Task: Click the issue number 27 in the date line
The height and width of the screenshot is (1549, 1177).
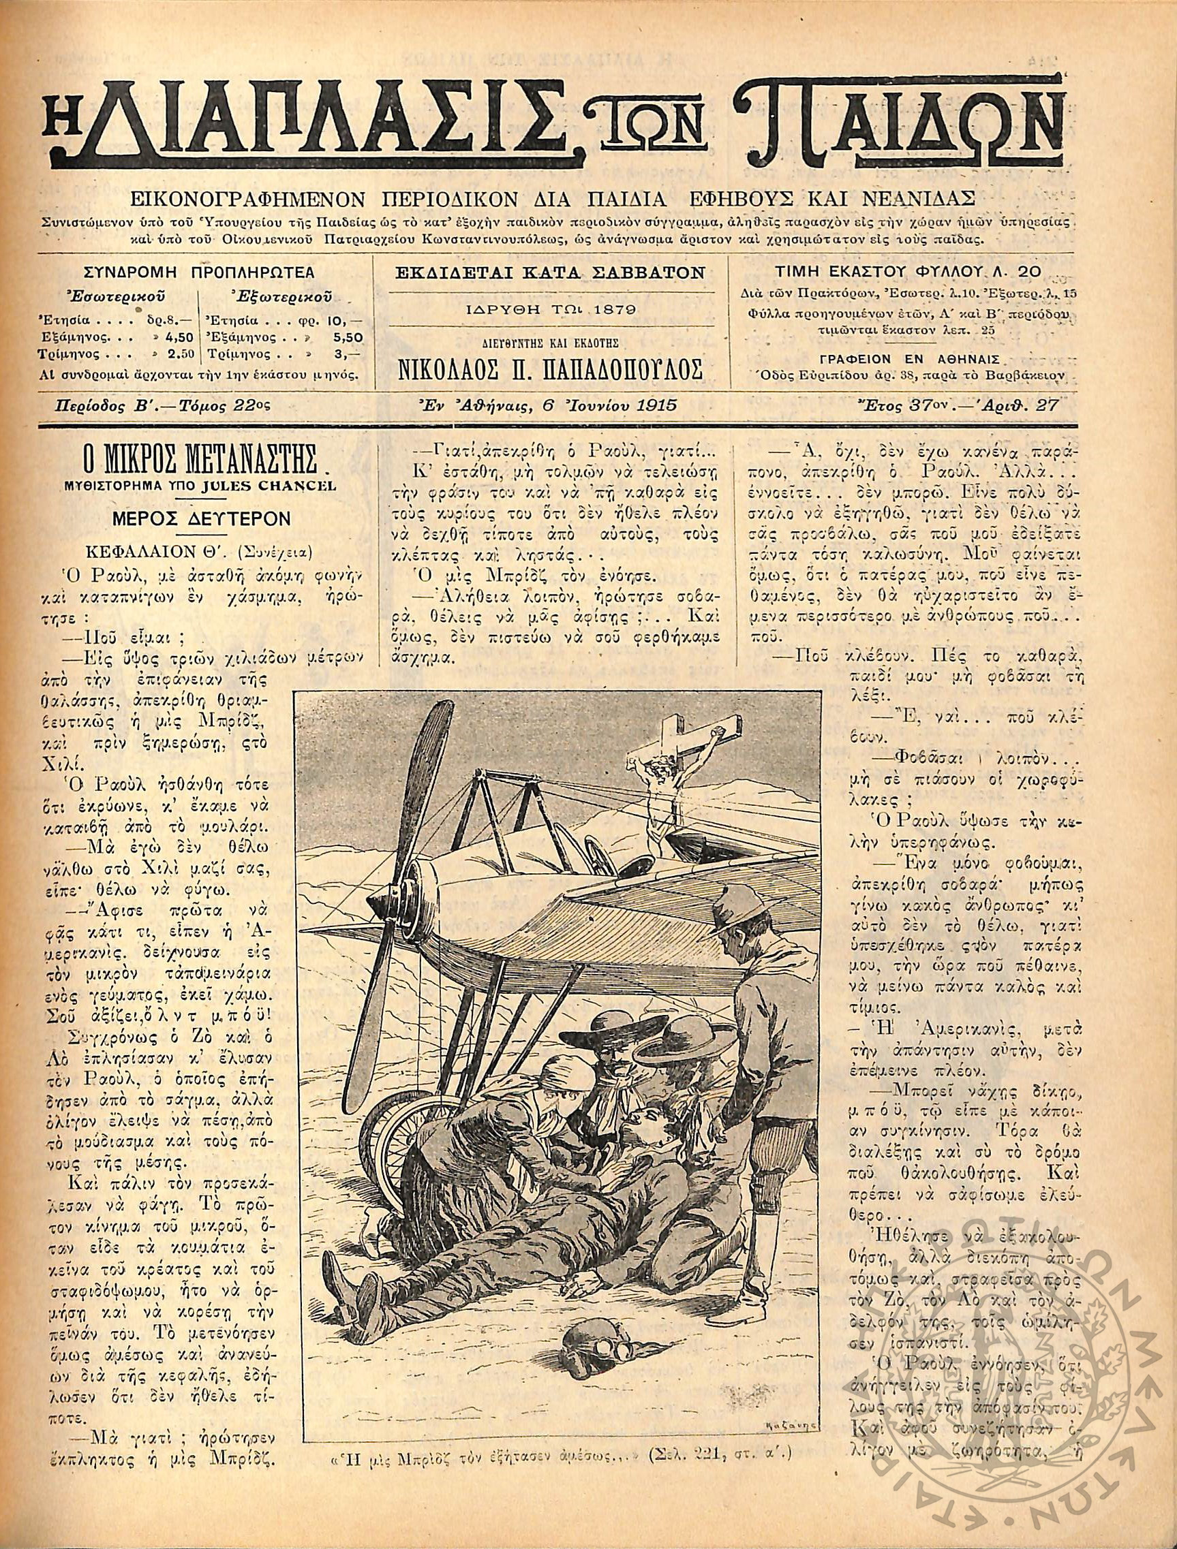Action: coord(1049,404)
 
